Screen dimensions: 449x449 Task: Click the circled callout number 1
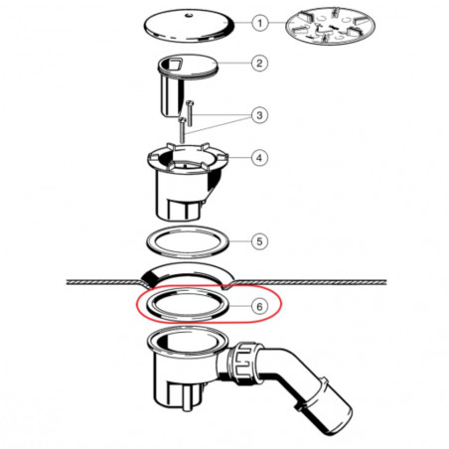click(260, 23)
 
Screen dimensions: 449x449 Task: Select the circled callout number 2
click(259, 63)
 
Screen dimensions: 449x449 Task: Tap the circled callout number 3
click(259, 115)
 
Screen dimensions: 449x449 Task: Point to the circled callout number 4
click(259, 158)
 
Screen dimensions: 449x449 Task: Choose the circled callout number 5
click(259, 241)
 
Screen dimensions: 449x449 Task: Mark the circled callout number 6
click(259, 306)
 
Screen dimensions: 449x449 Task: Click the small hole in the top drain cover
click(189, 15)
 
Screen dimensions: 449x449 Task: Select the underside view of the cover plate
click(331, 27)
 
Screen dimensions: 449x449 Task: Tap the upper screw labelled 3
click(190, 113)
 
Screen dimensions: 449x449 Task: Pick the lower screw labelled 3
click(182, 130)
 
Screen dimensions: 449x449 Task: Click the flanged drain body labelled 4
click(187, 182)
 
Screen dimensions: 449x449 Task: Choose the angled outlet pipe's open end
click(336, 418)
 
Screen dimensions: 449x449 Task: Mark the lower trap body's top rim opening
click(188, 342)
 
